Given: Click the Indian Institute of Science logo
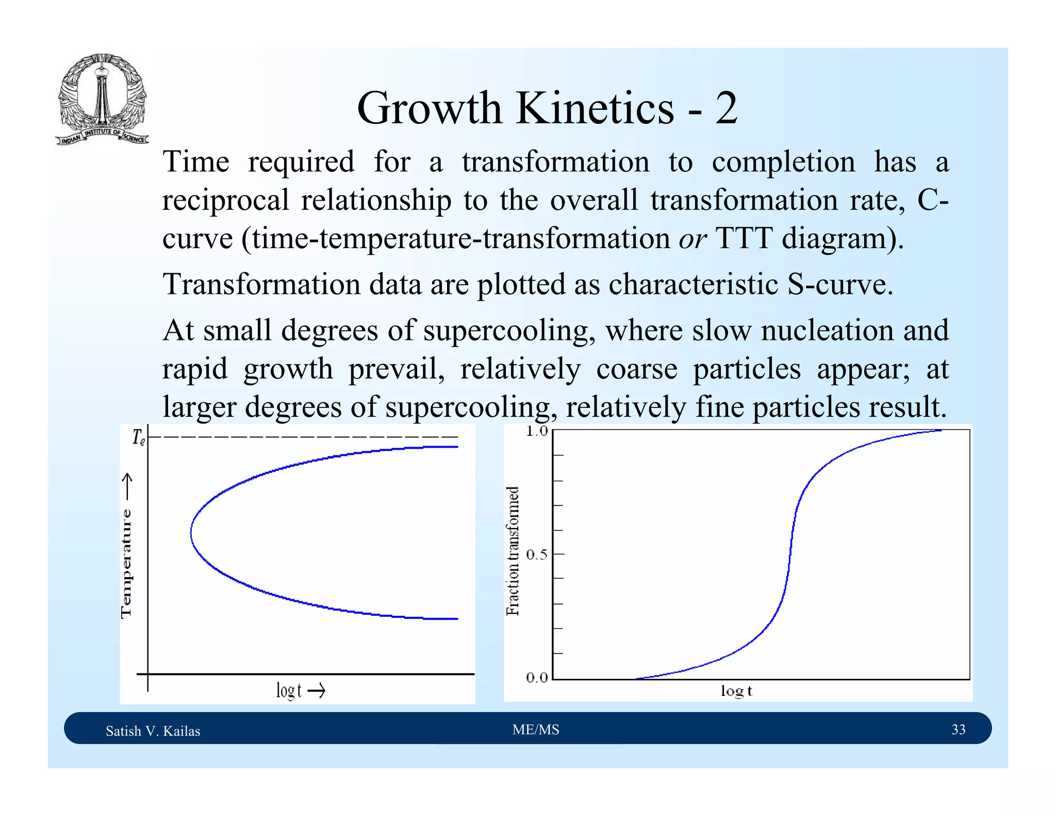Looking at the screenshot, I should pos(102,100).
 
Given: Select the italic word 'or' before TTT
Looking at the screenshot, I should pos(692,239).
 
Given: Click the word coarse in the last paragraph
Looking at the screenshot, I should pos(636,369).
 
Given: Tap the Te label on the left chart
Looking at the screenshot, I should pos(138,437).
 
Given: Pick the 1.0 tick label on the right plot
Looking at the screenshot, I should pos(537,431).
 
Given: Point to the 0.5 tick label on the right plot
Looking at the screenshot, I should pos(537,554).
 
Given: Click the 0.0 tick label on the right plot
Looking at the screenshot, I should pos(537,678).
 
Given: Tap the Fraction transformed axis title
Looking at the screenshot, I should pos(513,551).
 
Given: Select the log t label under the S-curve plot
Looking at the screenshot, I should pos(736,691).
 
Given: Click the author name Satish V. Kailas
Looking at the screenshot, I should pos(153,731).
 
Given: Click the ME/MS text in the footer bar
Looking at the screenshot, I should pos(536,729).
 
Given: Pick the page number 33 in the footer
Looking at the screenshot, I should pos(958,729).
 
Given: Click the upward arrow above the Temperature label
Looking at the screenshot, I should pos(127,486).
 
